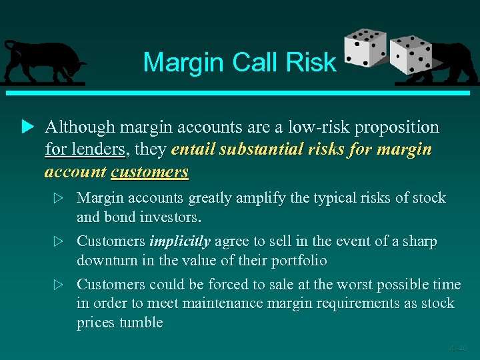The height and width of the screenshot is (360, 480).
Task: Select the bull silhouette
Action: pyautogui.click(x=43, y=61)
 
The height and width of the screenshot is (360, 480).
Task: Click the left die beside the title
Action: pyautogui.click(x=364, y=49)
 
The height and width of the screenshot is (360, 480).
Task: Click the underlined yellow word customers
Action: pyautogui.click(x=149, y=172)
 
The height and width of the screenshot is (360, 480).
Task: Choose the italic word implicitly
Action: pyautogui.click(x=180, y=241)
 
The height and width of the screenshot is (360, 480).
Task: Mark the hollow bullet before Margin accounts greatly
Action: pyautogui.click(x=60, y=199)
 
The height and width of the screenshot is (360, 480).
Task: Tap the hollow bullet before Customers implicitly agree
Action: pyautogui.click(x=60, y=242)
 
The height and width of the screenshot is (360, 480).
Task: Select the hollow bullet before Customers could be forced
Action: pyautogui.click(x=60, y=285)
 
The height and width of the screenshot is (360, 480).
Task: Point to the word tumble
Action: pyautogui.click(x=141, y=323)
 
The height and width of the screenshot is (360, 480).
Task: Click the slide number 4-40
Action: pyautogui.click(x=458, y=347)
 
